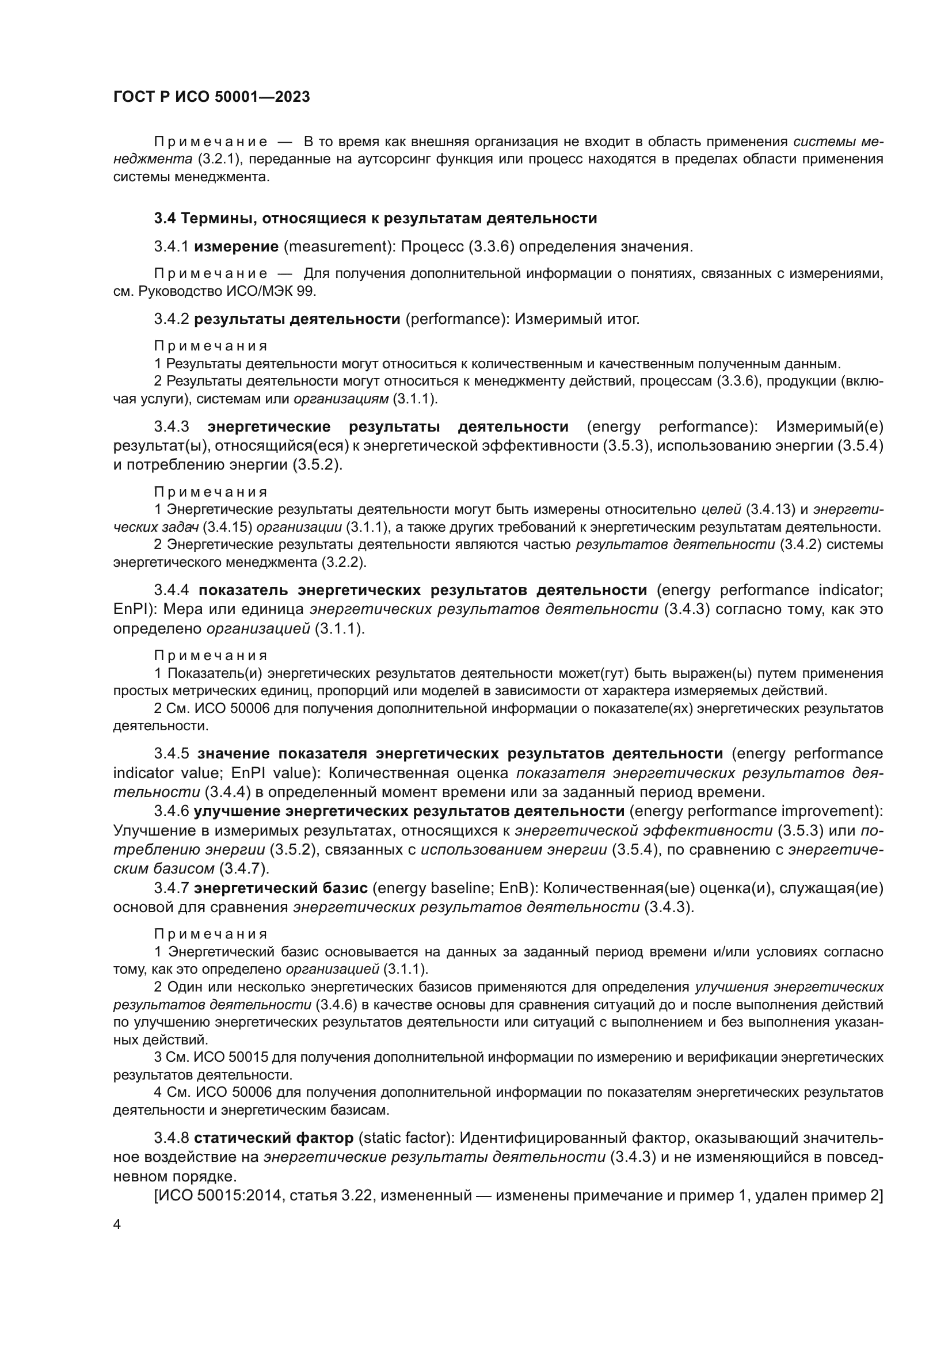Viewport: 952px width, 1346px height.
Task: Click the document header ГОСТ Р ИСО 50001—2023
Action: point(211,97)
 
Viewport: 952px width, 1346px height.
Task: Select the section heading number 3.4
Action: point(165,219)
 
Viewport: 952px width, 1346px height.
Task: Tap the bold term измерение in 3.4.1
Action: point(235,247)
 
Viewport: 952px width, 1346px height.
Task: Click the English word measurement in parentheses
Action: point(337,247)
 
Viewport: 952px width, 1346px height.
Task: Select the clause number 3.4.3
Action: point(171,426)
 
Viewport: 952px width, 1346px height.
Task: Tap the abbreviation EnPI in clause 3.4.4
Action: point(130,609)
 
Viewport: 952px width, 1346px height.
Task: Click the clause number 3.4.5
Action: point(171,753)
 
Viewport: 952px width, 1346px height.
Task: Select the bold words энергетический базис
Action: point(281,889)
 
